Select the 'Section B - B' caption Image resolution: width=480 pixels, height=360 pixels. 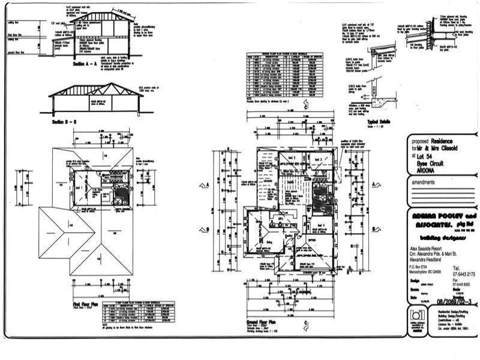(66, 122)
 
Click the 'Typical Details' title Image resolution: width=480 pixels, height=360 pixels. (378, 121)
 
